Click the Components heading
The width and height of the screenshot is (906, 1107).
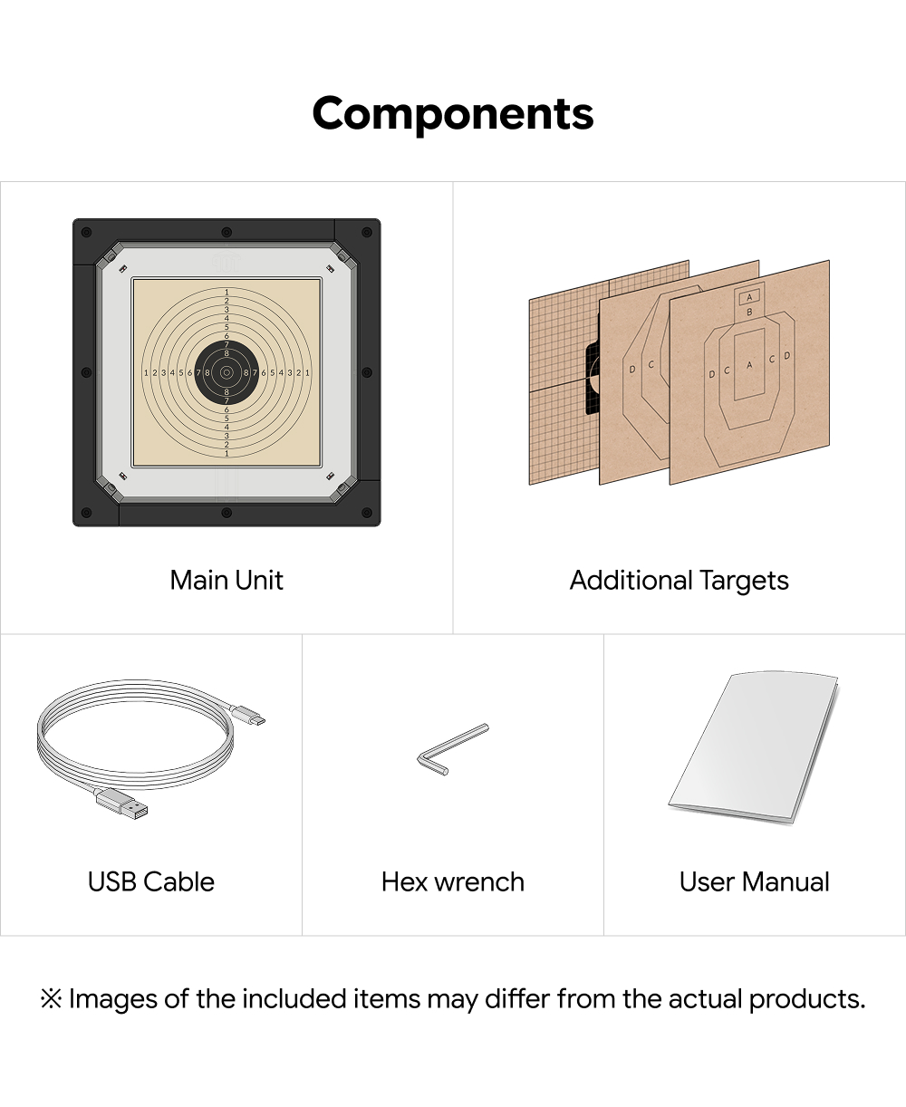(452, 114)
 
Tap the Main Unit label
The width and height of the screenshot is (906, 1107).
(226, 580)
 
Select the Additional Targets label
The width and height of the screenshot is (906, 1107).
(679, 581)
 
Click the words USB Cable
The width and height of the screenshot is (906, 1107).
(151, 881)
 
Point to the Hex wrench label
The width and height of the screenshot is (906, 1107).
(452, 881)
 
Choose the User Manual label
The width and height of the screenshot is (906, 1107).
(755, 881)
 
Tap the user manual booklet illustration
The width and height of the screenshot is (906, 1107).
(753, 747)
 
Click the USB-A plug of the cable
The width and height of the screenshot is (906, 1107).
(121, 804)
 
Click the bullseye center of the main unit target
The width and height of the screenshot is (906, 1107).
(226, 372)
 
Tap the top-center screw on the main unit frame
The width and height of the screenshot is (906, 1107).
(226, 232)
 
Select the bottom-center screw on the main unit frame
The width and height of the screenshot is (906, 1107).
(226, 513)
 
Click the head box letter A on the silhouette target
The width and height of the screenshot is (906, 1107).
(749, 298)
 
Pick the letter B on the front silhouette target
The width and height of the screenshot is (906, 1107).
(749, 312)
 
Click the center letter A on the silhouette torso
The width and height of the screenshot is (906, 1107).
(749, 365)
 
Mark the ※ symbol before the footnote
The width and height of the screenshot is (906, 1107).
(52, 999)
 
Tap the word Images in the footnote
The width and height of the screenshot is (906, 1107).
(113, 1000)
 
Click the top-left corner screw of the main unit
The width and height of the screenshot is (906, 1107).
(87, 232)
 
